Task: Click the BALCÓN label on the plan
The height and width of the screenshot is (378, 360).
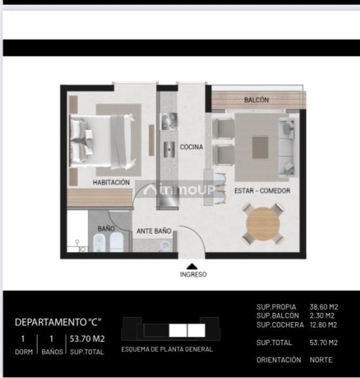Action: (x=256, y=100)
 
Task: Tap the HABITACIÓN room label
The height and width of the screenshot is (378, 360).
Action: (x=111, y=182)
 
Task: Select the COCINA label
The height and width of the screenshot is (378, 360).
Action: (x=191, y=147)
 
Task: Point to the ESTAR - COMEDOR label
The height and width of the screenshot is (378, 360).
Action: (x=262, y=190)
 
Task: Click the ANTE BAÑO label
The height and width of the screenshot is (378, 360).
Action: (x=153, y=231)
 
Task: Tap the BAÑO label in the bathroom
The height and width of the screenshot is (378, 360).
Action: (x=106, y=228)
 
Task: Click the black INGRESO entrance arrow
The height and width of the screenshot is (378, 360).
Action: (x=191, y=265)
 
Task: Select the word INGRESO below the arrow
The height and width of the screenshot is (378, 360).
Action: (x=193, y=275)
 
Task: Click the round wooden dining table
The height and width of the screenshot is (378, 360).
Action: (x=262, y=225)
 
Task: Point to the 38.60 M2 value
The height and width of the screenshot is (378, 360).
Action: (x=323, y=306)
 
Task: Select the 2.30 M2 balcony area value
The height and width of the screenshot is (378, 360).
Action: (x=323, y=316)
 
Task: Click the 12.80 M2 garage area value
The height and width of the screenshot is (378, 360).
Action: (x=323, y=325)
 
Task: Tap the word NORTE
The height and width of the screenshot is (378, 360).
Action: (x=321, y=360)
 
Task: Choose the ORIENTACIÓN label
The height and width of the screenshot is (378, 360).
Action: (x=279, y=360)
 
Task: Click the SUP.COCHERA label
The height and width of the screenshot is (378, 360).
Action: (x=280, y=325)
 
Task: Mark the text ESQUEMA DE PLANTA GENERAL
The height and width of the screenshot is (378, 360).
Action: (x=167, y=350)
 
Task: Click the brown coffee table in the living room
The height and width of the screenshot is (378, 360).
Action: (x=260, y=147)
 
